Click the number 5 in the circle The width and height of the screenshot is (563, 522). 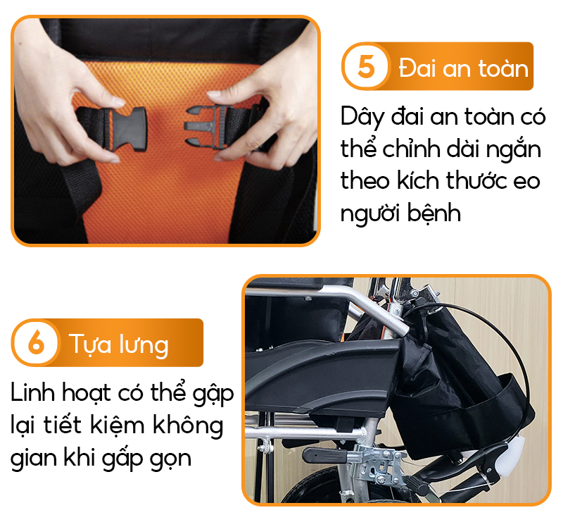tap(365, 66)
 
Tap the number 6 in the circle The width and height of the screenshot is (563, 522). tap(37, 342)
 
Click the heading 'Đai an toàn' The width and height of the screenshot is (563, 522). tap(464, 68)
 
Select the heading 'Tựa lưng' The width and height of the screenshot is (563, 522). tap(119, 344)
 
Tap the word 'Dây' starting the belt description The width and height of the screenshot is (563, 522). tap(362, 118)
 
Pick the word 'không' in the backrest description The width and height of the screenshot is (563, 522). tap(188, 425)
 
